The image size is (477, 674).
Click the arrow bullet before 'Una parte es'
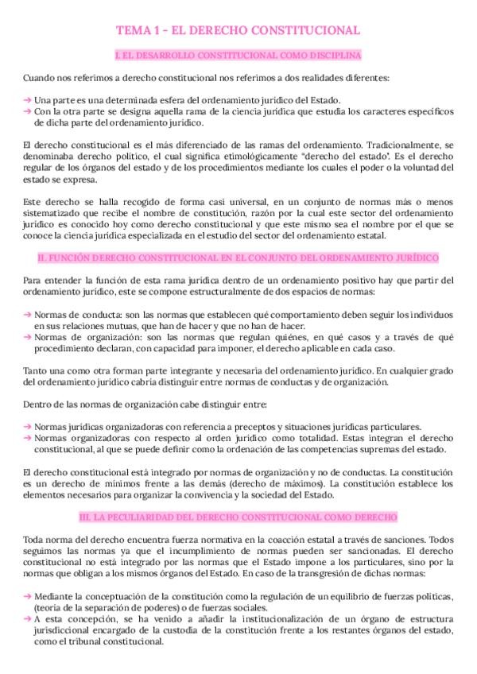pos(28,99)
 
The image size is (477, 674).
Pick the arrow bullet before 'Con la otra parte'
pos(28,112)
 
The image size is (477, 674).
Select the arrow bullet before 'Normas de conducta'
pos(28,315)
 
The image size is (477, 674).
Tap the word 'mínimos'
pos(128,483)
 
